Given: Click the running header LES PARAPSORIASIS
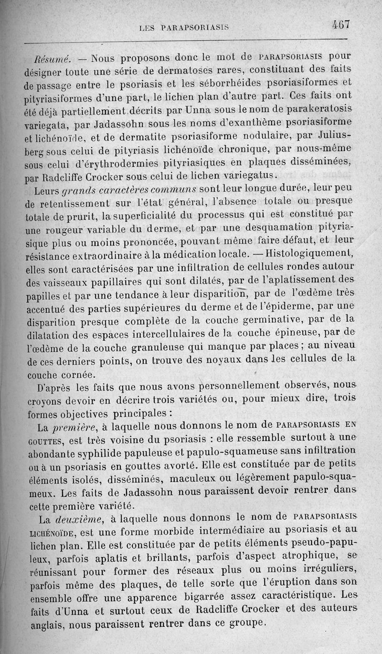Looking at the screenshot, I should point(184,28).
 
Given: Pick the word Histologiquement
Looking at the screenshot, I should point(309,253).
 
